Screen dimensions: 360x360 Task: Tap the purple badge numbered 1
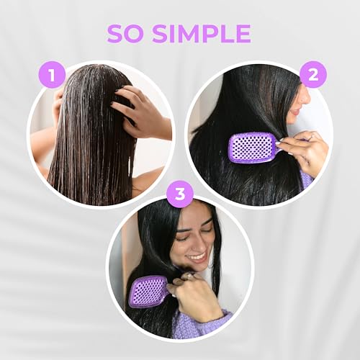coord(52,74)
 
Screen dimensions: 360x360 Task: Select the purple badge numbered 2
coord(312,74)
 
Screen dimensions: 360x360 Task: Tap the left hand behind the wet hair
coord(57,108)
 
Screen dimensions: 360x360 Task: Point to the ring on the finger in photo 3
coord(189,276)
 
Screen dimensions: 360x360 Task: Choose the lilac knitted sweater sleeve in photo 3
coord(202,324)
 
